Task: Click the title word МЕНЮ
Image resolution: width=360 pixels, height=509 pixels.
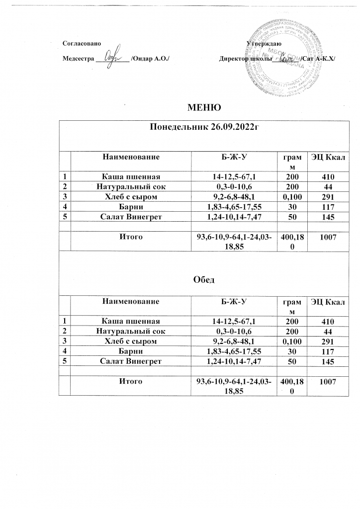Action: click(x=203, y=107)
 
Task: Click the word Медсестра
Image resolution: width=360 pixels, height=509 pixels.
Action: click(x=78, y=59)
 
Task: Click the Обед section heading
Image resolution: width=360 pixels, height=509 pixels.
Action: click(x=203, y=280)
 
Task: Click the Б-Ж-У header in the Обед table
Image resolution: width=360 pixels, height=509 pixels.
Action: click(x=234, y=301)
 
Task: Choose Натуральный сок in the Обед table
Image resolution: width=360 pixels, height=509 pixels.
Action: click(x=131, y=331)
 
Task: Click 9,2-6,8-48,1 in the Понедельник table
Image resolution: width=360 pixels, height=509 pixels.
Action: click(x=234, y=197)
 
